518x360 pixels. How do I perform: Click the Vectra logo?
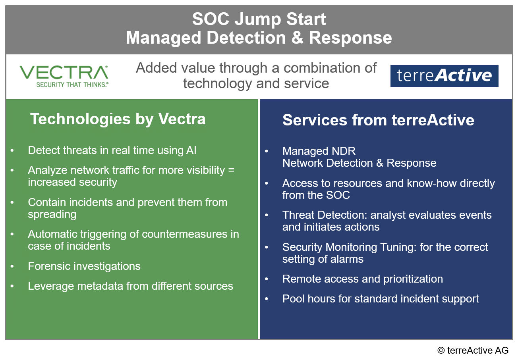[64, 76]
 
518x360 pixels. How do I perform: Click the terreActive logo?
[444, 76]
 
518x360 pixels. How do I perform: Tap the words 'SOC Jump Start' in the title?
[259, 19]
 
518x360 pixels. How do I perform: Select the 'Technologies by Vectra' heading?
[118, 119]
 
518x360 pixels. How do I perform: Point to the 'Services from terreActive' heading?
[378, 120]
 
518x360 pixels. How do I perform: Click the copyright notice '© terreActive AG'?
[473, 350]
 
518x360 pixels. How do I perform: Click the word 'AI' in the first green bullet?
[191, 150]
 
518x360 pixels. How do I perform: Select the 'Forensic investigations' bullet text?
[84, 266]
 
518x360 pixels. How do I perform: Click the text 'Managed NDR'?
[319, 151]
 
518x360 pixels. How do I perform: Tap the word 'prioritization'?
[413, 279]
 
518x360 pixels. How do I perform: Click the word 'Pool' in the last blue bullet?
[293, 299]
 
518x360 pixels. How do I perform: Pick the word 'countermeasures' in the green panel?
[184, 234]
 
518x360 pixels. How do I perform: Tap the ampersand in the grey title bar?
[297, 38]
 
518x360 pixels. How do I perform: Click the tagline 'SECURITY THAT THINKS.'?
[72, 85]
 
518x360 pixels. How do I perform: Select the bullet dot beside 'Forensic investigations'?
[12, 266]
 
